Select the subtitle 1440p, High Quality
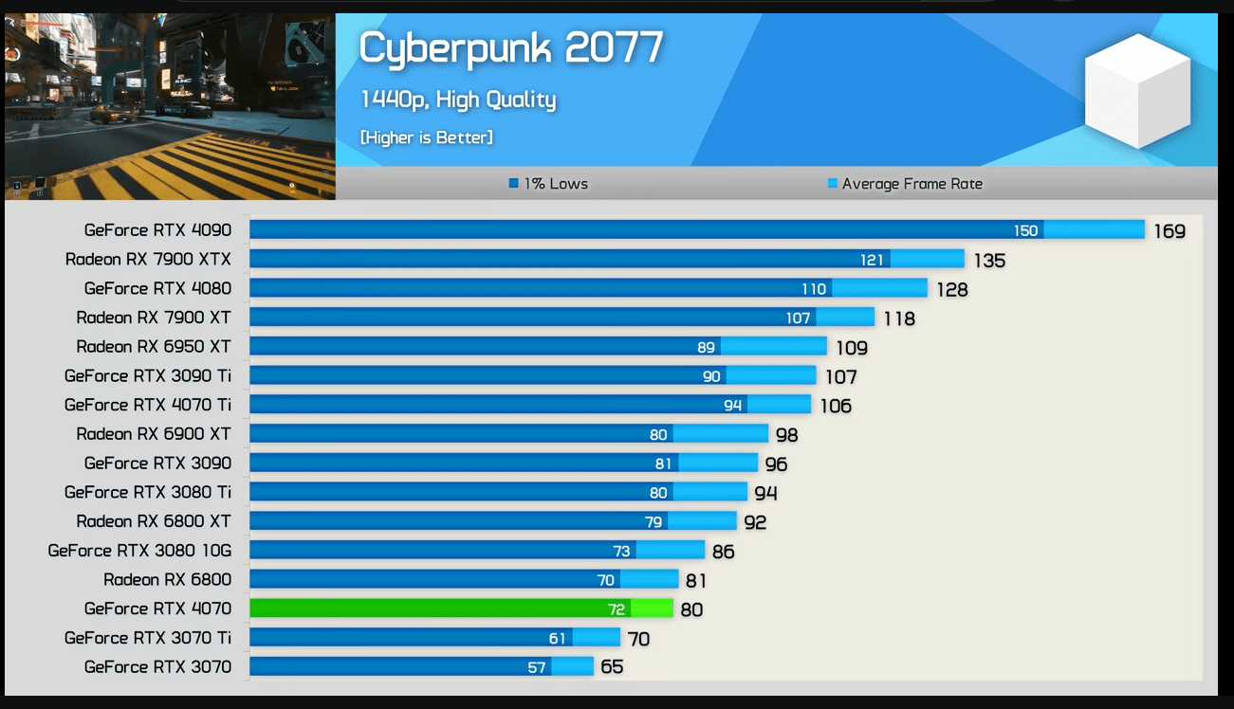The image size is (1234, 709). (458, 100)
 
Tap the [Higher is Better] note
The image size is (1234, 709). (426, 137)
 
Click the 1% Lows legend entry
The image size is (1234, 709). (549, 184)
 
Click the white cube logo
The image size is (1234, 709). (1137, 91)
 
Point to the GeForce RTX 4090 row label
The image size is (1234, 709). (157, 229)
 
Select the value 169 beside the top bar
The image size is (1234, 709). (1170, 230)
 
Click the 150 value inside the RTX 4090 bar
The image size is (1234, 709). (1026, 230)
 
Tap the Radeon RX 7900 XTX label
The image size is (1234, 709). (148, 259)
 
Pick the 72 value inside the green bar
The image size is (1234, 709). (617, 609)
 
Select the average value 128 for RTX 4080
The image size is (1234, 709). (952, 289)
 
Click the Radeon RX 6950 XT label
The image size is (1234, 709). (154, 346)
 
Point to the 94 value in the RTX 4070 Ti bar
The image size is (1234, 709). (732, 406)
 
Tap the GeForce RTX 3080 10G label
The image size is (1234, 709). (139, 550)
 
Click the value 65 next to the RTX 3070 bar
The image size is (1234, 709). (612, 667)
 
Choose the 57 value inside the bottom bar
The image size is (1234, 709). (537, 667)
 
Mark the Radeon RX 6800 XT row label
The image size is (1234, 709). (154, 520)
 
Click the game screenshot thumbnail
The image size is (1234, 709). (170, 106)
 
